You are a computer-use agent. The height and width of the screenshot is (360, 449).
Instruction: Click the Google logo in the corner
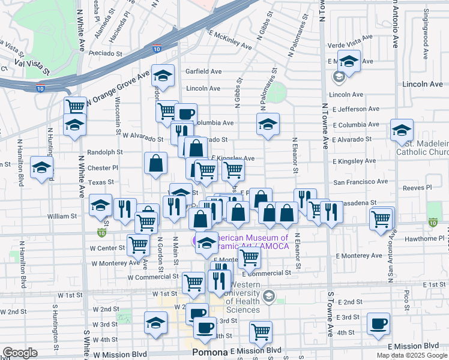tap(20, 353)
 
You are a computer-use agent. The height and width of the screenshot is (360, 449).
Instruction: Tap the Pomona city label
tap(209, 353)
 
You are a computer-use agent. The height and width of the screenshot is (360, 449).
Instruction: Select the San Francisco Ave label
tap(361, 181)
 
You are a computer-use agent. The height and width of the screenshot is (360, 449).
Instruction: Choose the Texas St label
tap(101, 182)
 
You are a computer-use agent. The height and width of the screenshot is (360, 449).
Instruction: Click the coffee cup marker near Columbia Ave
tap(185, 113)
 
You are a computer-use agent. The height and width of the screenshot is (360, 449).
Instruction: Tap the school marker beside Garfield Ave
tap(163, 75)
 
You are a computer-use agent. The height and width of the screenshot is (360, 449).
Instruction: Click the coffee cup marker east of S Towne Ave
tap(379, 323)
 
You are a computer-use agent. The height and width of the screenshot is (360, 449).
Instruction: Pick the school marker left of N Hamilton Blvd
tap(41, 167)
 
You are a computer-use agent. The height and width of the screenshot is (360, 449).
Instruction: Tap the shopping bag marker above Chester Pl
tap(155, 163)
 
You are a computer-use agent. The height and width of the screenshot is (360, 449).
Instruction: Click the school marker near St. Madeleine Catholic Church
tap(402, 130)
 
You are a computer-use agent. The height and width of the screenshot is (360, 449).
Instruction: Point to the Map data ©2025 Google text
tap(412, 355)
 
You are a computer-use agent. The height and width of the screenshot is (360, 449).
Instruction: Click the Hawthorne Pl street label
tap(428, 238)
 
